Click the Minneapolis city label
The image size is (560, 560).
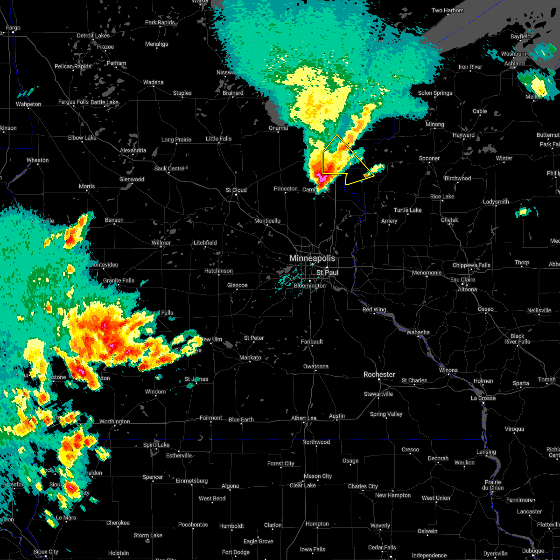point(312,258)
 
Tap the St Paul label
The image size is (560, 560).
point(327,272)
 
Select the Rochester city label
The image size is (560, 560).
point(379,374)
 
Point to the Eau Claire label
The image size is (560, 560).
point(462,280)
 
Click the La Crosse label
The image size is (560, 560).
point(483,398)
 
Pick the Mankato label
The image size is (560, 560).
point(250,357)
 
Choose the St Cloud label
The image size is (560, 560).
point(236,190)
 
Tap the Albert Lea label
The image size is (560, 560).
point(304,418)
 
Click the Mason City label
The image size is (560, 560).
point(317,476)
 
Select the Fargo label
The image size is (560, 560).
point(13,28)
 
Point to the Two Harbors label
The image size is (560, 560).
point(448,10)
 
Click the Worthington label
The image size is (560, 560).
point(115,421)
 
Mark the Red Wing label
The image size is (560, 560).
point(374,310)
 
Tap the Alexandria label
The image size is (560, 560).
point(133,150)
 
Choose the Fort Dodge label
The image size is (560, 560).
point(236,552)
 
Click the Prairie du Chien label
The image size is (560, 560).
point(493,485)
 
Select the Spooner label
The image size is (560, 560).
point(429,158)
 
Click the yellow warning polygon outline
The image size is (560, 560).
point(337,135)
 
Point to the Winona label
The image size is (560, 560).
point(448,370)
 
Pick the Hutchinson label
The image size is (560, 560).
point(218,271)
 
